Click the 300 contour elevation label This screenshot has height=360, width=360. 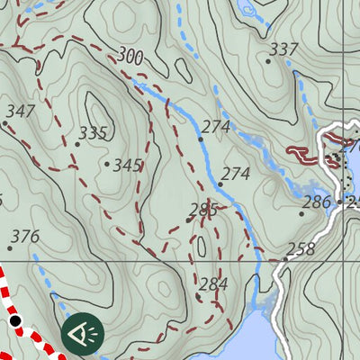pos(130,58)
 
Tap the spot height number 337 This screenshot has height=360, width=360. pos(284,49)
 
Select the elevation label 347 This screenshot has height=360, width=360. pos(20,112)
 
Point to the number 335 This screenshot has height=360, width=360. pos(93,133)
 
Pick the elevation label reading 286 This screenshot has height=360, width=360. pos(317,202)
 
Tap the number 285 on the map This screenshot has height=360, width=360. pos(203,210)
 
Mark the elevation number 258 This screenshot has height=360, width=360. pos(301,249)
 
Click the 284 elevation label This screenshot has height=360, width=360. pos(213,284)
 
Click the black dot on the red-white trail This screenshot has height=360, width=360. pos(15,319)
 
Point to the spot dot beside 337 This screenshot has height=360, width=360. pos(268,60)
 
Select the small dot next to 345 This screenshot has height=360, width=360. pos(107,164)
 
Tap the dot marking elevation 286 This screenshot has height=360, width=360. pos(301,213)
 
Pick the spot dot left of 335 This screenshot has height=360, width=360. pos(77,144)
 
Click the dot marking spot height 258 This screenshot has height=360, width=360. pos(285,259)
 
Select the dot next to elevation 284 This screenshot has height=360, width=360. pos(198,295)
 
